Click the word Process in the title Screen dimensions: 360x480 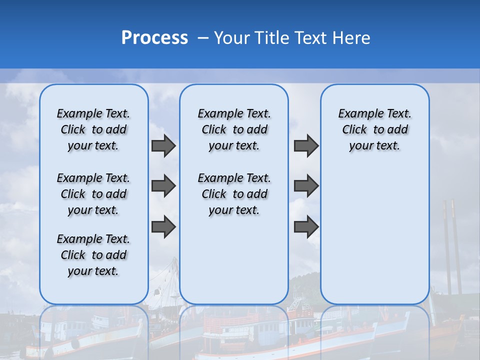pyautogui.click(x=154, y=38)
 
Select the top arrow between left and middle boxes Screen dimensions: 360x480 pyautogui.click(x=163, y=146)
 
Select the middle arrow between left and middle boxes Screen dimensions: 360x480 pyautogui.click(x=163, y=186)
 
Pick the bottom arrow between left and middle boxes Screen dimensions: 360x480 pyautogui.click(x=163, y=226)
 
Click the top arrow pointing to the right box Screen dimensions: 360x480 pyautogui.click(x=306, y=146)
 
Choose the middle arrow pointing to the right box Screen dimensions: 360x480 pyautogui.click(x=306, y=186)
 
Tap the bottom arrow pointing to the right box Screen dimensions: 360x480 pyautogui.click(x=306, y=226)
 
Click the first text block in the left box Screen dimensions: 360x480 pyautogui.click(x=93, y=129)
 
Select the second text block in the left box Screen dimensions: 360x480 pyautogui.click(x=93, y=194)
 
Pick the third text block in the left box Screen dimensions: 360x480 pyautogui.click(x=93, y=255)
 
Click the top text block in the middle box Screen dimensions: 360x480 pyautogui.click(x=234, y=129)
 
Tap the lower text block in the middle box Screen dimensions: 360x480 pyautogui.click(x=234, y=194)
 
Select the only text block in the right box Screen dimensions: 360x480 pyautogui.click(x=374, y=129)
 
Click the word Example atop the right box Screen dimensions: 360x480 pyautogui.click(x=357, y=113)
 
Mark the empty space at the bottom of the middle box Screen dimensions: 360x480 pyautogui.click(x=234, y=265)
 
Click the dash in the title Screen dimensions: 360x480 pyautogui.click(x=203, y=38)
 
